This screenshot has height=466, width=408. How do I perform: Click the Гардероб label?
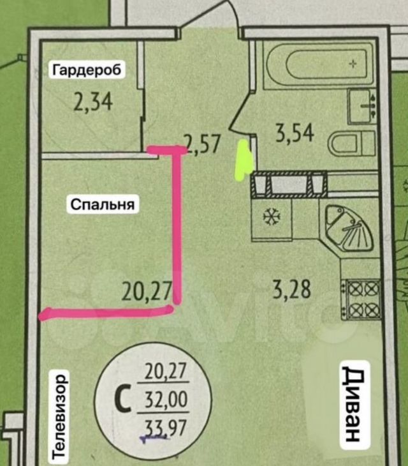coord(87,70)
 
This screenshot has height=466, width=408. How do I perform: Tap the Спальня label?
coord(103,204)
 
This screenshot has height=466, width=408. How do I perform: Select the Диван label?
coord(354,405)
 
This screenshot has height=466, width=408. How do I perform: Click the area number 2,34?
coord(93,102)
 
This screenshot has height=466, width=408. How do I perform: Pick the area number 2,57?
coord(203,144)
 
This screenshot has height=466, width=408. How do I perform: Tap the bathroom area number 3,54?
coord(295,133)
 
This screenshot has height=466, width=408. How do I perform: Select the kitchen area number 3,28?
coord(292,289)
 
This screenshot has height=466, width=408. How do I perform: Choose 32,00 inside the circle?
coord(166,399)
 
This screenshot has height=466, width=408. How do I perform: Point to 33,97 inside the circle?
coord(165,427)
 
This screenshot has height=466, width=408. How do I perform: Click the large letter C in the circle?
coord(123,398)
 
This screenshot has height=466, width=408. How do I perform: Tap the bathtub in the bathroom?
coord(319,64)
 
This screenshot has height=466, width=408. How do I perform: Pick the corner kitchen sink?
coord(349,228)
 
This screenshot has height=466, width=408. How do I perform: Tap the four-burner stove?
coord(362,299)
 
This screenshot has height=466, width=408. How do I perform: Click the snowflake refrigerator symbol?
coord(272,216)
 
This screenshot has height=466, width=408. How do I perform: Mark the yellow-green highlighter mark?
coord(244,160)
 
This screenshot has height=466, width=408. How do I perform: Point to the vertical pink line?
coord(177,226)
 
